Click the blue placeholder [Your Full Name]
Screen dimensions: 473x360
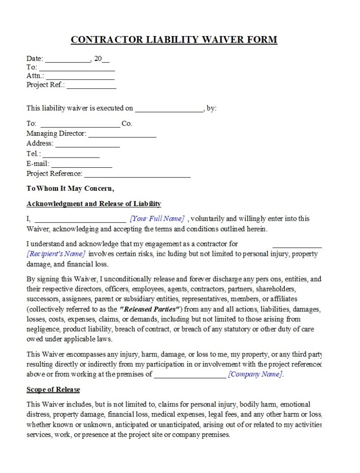[x=157, y=218]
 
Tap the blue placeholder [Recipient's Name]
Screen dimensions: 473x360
[x=56, y=254]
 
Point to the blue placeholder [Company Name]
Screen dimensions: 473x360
[x=255, y=374]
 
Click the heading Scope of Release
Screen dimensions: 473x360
[x=53, y=389]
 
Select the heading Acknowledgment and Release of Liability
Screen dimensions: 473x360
[x=94, y=204]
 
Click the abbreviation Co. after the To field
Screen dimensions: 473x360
[x=127, y=124]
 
